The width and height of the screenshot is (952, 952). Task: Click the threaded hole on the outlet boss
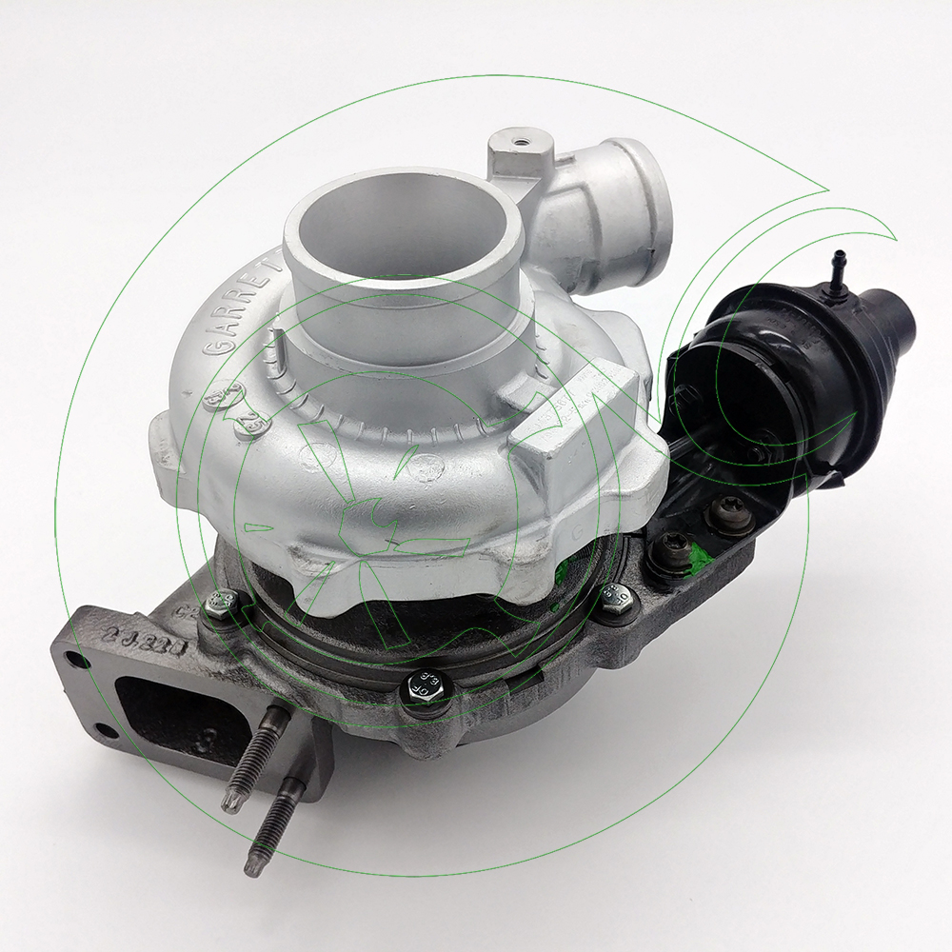(521, 143)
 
